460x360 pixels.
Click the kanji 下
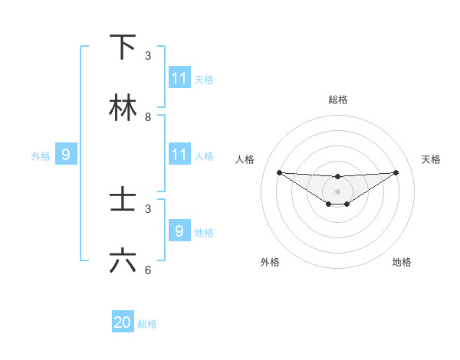click(123, 47)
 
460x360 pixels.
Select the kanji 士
click(123, 201)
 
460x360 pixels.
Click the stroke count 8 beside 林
click(148, 117)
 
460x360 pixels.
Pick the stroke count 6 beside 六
click(148, 270)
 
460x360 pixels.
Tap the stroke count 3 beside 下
click(148, 56)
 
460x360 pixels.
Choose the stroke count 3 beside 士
click(148, 209)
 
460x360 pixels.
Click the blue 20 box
click(123, 323)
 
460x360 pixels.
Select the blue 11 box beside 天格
click(179, 78)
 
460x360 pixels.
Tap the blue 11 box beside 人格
click(179, 155)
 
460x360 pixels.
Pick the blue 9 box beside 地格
click(179, 231)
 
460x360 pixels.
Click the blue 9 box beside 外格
click(66, 155)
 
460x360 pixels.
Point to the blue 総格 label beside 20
click(147, 324)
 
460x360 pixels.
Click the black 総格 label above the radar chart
click(338, 100)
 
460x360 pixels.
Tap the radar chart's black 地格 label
click(402, 262)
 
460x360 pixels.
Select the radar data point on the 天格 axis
click(396, 172)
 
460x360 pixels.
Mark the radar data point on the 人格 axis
click(280, 172)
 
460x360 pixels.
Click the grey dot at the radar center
click(337, 191)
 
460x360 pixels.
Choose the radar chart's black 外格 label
click(270, 262)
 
